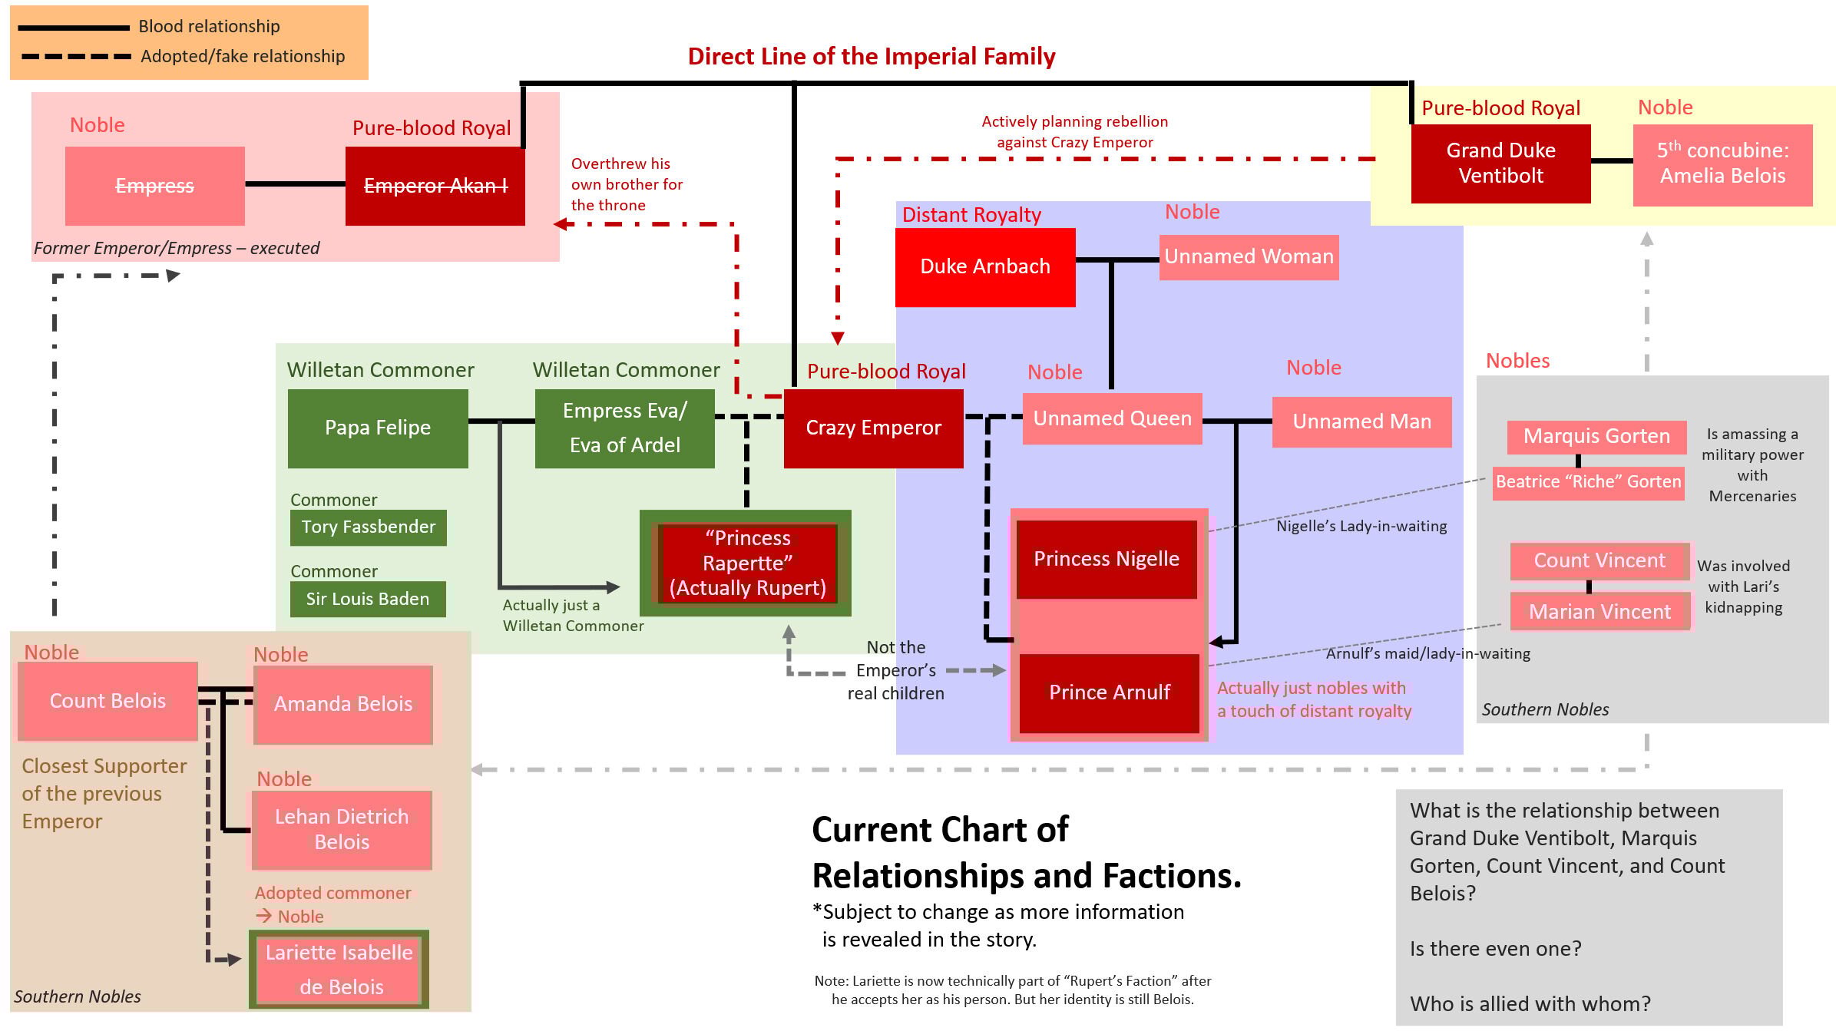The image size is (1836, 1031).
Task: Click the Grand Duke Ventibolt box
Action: coord(1500,163)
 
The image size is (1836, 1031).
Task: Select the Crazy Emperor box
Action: coord(873,428)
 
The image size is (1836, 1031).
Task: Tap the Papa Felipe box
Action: coord(377,428)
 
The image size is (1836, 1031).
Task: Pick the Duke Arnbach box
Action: coord(984,266)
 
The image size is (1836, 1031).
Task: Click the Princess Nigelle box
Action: coord(1106,559)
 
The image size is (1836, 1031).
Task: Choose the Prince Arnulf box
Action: coord(1109,692)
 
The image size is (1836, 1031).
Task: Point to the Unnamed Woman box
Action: coord(1249,256)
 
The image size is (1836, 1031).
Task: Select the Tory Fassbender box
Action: coord(368,527)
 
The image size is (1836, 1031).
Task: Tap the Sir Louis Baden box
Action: coord(367,599)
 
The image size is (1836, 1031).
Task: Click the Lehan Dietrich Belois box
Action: coord(342,829)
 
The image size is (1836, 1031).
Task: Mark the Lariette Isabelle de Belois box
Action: coord(339,969)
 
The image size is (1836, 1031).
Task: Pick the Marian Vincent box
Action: coord(1599,612)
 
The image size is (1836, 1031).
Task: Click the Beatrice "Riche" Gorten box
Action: coord(1588,482)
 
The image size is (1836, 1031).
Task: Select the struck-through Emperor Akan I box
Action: coord(435,186)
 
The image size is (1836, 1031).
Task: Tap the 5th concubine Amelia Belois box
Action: coord(1722,164)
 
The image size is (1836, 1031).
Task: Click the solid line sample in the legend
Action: coord(73,28)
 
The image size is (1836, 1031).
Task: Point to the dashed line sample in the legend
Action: coord(75,57)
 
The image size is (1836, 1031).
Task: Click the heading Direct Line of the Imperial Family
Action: coord(871,56)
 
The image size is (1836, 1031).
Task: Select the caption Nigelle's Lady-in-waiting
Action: coord(1361,526)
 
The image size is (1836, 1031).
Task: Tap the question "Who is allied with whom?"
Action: coord(1530,1003)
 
